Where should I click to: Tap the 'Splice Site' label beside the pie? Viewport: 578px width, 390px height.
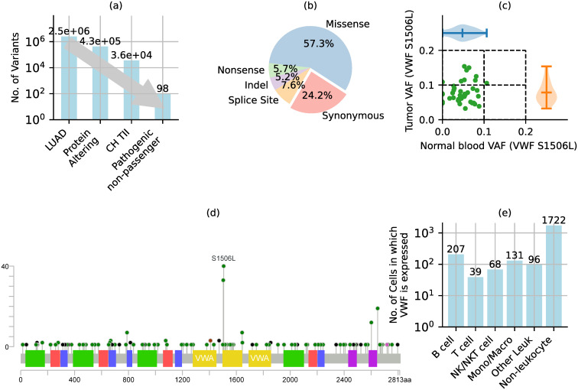pos(253,100)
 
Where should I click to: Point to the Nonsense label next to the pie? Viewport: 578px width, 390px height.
pos(241,70)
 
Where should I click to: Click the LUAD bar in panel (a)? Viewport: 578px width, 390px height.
pos(69,78)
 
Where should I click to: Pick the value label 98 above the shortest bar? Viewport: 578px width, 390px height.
pos(163,89)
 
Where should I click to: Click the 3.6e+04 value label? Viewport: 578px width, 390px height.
pos(132,55)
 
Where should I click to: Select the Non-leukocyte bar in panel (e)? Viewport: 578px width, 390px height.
pos(554,276)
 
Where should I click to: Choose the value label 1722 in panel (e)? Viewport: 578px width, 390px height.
pos(554,220)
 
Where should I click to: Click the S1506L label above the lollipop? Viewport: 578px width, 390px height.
pos(223,258)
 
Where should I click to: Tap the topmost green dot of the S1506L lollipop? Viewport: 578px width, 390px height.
pos(223,266)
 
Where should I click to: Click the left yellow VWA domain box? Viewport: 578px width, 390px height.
pos(205,359)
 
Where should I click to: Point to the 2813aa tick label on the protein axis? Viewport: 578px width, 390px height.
pos(393,380)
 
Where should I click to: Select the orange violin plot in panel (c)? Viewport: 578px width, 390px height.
pos(547,93)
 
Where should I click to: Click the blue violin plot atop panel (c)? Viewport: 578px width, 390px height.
pos(464,33)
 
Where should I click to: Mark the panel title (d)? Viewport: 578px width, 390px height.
pos(214,213)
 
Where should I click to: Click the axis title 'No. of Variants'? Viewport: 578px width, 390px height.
pos(15,67)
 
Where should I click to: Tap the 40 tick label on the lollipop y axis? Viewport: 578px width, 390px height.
pos(5,266)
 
